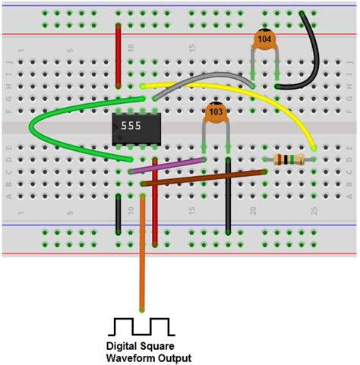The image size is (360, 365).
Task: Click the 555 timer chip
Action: pos(136,130)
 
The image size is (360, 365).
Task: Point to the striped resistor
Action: pos(289,159)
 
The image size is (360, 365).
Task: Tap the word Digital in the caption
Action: pos(123,346)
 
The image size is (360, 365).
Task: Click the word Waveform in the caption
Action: pos(129,358)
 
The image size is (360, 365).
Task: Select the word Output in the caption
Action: pos(174,358)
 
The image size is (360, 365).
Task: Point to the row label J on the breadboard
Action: pos(10,61)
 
